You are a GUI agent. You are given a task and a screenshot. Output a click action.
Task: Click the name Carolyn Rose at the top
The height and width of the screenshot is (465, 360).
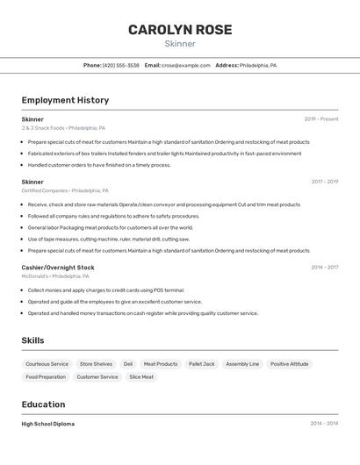click(x=180, y=30)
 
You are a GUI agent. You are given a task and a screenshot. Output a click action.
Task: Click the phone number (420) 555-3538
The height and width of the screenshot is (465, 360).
click(x=120, y=65)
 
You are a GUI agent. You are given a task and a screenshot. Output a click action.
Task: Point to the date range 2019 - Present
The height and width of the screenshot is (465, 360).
click(x=321, y=118)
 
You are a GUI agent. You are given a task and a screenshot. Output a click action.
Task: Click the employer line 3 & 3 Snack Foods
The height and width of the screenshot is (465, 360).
click(x=63, y=127)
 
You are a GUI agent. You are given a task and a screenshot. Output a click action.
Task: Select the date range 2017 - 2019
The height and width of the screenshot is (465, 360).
click(x=324, y=182)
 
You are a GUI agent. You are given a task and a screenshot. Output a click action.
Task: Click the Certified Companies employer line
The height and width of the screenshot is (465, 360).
click(x=65, y=190)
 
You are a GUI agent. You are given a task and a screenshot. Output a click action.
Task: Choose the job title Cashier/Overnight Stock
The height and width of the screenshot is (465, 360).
click(x=58, y=267)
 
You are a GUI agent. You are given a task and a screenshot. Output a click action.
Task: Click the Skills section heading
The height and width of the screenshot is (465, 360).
click(x=33, y=340)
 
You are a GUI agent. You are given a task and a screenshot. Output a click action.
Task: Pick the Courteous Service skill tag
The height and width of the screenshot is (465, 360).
click(x=47, y=363)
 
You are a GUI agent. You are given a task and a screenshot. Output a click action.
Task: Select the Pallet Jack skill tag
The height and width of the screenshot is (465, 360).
click(x=201, y=363)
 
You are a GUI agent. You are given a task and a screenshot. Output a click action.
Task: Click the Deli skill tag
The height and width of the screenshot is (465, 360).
click(x=128, y=363)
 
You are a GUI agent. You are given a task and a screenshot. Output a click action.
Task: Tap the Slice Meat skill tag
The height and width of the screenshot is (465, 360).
click(x=141, y=376)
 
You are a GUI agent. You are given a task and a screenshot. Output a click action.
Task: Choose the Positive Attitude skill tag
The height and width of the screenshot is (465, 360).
click(x=289, y=363)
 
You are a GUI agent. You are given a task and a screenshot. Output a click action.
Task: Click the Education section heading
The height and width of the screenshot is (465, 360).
click(x=43, y=404)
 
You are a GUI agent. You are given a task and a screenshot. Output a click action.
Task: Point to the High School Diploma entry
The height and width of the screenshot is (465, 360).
click(x=48, y=424)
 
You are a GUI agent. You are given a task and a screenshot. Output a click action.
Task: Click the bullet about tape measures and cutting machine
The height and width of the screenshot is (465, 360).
click(x=108, y=239)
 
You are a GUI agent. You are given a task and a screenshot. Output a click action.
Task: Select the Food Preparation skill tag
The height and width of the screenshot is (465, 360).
click(x=46, y=376)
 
